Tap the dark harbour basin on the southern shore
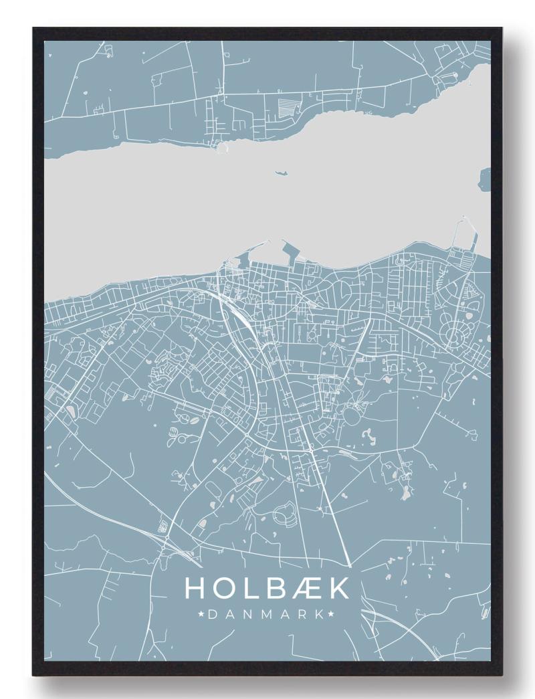[292, 253]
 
